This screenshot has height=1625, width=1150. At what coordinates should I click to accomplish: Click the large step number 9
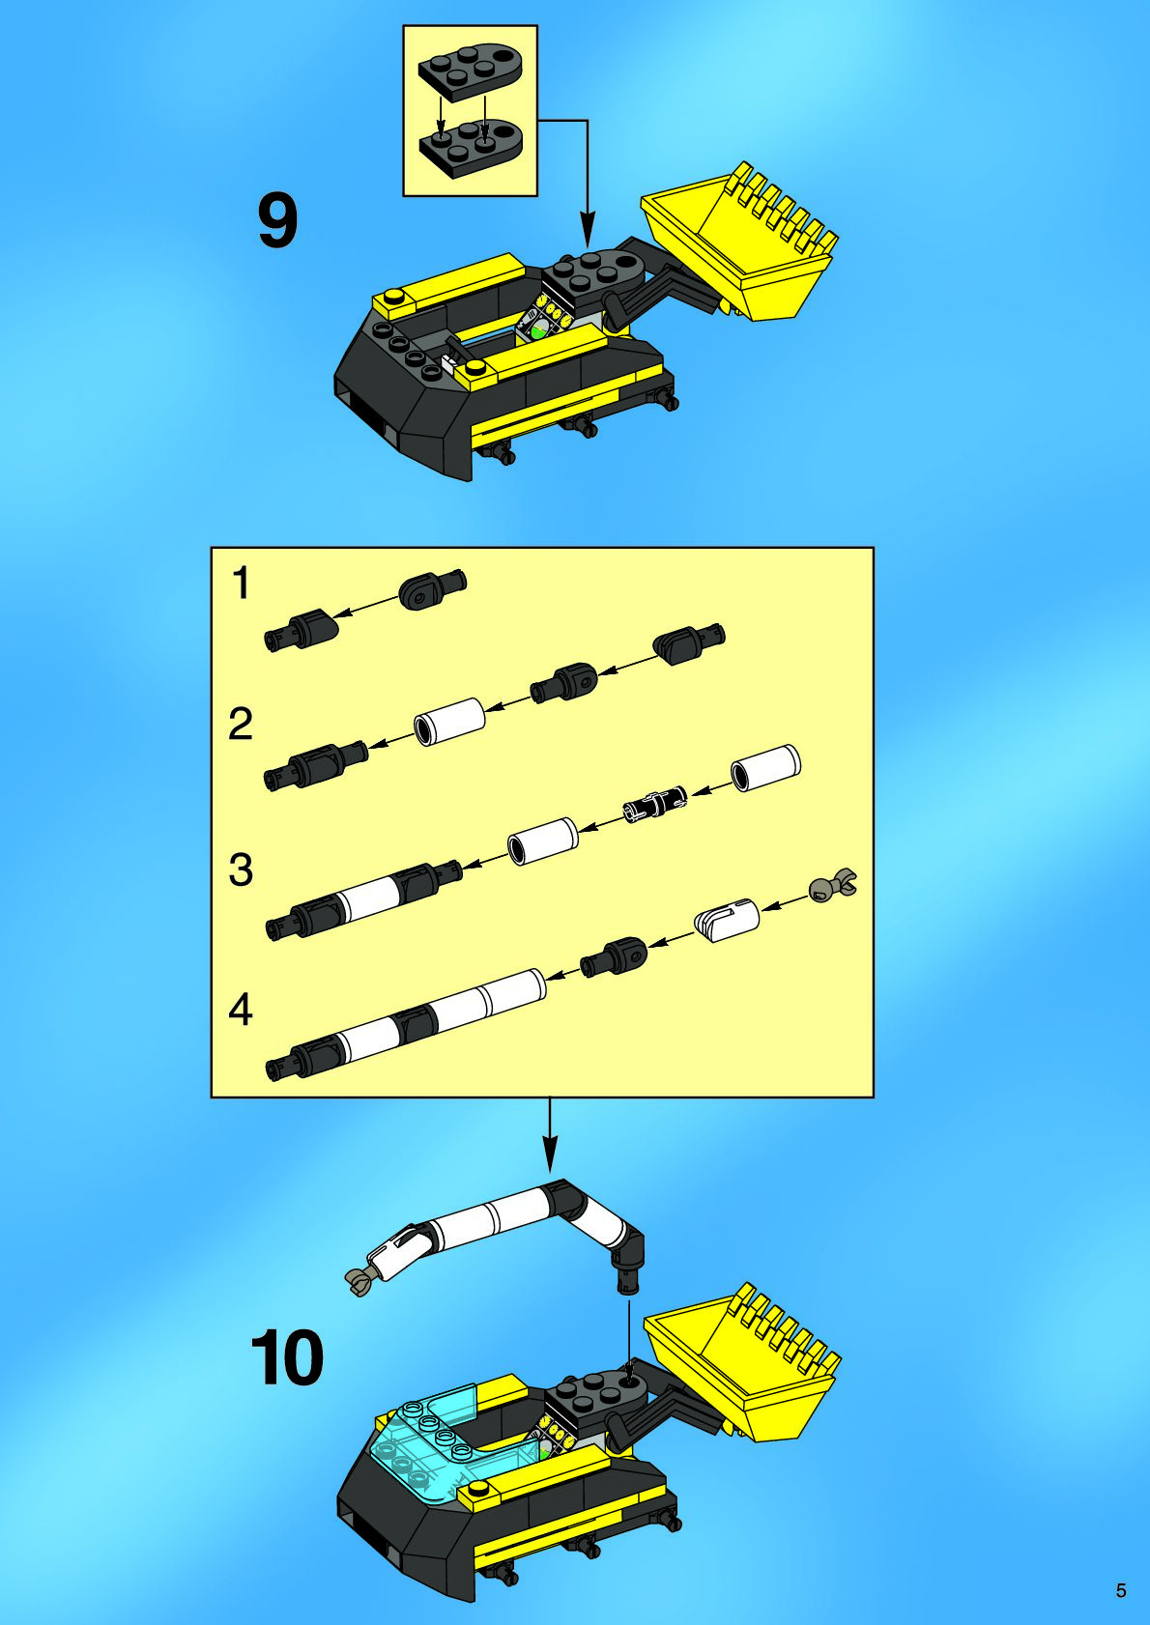pos(278,221)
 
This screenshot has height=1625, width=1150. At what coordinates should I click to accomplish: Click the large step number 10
pos(287,1357)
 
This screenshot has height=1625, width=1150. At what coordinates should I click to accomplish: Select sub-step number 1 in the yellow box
pos(241,584)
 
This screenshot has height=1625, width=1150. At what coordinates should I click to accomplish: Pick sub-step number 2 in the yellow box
pos(241,724)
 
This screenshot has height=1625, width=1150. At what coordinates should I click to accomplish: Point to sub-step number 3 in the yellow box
pos(241,870)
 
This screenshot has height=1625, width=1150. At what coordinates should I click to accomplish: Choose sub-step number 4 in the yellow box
pos(241,1010)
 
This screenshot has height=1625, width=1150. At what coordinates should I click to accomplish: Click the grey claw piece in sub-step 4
pos(834,885)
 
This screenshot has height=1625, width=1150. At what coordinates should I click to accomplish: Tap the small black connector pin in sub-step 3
pos(655,802)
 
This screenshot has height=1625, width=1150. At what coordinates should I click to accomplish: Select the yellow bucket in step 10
pos(742,1366)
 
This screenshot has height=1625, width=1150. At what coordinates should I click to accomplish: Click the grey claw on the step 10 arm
pos(360,1282)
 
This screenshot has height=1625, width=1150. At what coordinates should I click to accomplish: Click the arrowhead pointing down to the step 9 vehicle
pos(587,229)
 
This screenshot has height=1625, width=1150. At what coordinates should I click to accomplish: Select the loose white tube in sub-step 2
pos(449,721)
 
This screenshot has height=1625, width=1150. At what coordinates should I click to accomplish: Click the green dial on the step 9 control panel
pos(537,332)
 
